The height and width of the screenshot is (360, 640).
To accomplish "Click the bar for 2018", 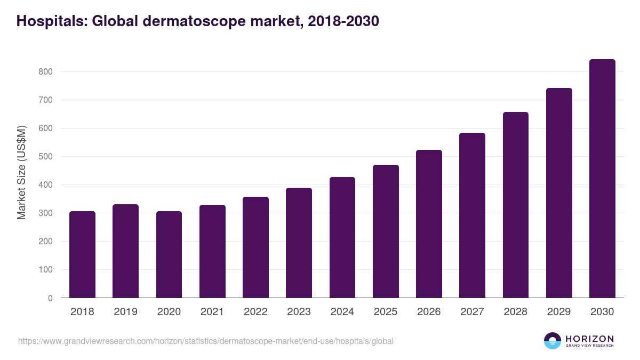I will click(82, 254).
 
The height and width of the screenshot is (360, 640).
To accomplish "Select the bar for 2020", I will click(169, 254).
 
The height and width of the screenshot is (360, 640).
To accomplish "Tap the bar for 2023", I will click(299, 243).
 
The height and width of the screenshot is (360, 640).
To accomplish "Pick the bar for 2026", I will click(429, 224).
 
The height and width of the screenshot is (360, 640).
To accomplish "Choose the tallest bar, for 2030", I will click(602, 179).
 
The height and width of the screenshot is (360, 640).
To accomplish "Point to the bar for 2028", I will click(515, 205).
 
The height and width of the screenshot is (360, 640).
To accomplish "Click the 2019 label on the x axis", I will click(126, 312).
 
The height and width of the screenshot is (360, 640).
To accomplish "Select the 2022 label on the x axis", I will click(255, 312).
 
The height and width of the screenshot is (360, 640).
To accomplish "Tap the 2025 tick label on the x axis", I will click(386, 312).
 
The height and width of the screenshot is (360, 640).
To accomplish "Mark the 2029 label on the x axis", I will click(559, 312).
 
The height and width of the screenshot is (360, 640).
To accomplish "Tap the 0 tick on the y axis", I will click(50, 298).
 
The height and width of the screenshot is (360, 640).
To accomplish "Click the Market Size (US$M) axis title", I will click(21, 172).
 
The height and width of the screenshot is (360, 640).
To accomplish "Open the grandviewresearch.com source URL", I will click(205, 341).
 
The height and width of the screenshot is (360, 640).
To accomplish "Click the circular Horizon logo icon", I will click(553, 341).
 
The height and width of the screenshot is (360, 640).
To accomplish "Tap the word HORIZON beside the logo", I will click(590, 338).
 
